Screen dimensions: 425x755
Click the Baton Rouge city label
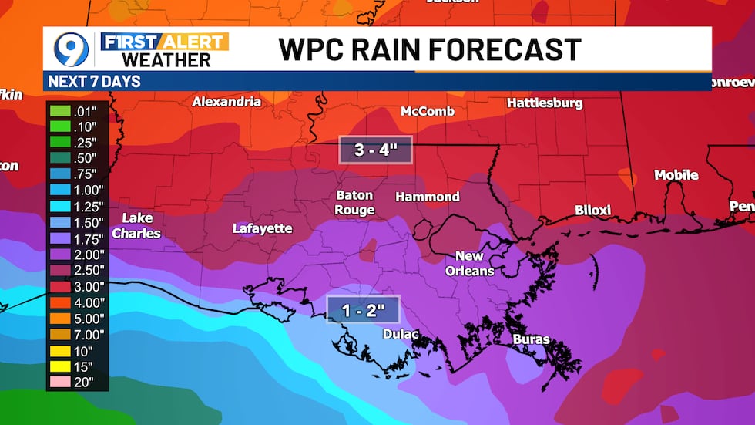tap(354, 203)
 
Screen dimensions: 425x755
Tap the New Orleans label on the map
tap(469, 263)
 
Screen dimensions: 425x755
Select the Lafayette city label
tap(263, 228)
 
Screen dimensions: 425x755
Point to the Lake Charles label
tap(136, 225)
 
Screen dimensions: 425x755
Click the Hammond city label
tap(428, 197)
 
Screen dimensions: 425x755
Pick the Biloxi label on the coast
tap(593, 210)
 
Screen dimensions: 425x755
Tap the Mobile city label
tap(676, 175)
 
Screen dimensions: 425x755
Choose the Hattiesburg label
tap(545, 103)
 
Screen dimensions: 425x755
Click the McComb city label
tap(428, 111)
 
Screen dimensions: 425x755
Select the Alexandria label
tap(226, 102)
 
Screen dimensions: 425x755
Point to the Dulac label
tap(401, 334)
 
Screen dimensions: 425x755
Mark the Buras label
tap(532, 339)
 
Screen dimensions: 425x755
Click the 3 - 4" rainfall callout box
tap(375, 150)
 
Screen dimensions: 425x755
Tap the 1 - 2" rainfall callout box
tap(363, 311)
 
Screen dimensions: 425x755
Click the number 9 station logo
tap(70, 49)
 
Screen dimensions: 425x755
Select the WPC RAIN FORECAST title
tap(429, 49)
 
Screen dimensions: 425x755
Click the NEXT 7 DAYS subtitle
tap(94, 81)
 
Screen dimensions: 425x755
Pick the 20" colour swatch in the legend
tap(60, 382)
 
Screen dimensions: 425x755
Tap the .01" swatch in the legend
tap(60, 110)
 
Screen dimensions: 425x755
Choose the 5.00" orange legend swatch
tap(60, 319)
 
